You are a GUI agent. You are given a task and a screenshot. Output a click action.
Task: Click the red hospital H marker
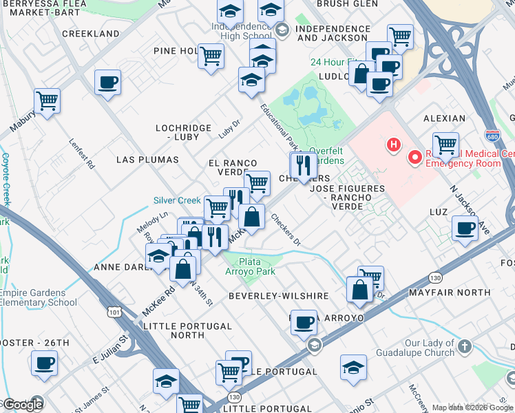point(393,145)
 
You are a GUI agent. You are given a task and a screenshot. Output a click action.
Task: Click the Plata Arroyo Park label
point(257,266)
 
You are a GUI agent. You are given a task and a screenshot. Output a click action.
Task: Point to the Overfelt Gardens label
point(316,156)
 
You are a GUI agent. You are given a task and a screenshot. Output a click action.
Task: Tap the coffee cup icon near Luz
point(466,228)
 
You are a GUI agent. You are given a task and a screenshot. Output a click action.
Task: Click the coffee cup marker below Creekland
point(107,83)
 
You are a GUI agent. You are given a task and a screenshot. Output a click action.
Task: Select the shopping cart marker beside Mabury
point(48,100)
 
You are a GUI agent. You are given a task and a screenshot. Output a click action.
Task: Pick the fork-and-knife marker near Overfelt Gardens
point(302,164)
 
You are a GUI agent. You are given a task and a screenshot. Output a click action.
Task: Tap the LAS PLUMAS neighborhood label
point(147,160)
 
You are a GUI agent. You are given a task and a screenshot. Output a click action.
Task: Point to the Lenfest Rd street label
point(80,156)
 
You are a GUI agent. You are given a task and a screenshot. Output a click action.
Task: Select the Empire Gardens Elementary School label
point(39,297)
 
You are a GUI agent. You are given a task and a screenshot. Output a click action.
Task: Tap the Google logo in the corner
point(23,405)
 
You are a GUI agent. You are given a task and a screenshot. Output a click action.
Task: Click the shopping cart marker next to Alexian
point(445,145)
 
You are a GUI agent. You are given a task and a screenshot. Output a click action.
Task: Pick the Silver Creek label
point(177,201)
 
